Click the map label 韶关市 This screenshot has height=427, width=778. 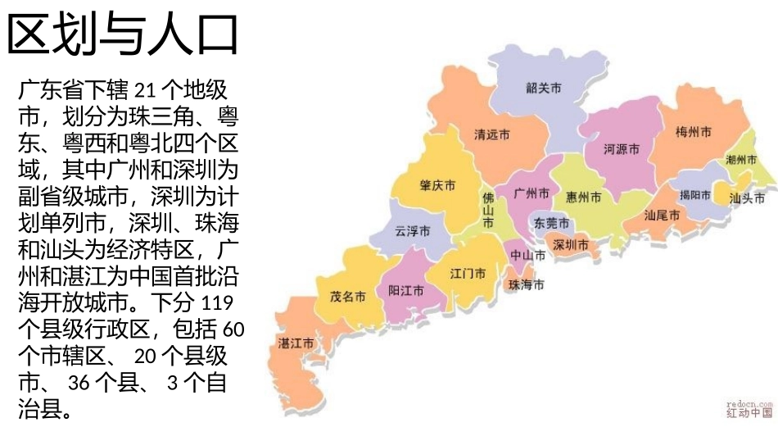pyautogui.click(x=544, y=89)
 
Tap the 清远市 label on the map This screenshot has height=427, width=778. pyautogui.click(x=492, y=134)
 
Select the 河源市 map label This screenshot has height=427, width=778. pyautogui.click(x=621, y=149)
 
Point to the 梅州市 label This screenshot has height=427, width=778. pyautogui.click(x=694, y=132)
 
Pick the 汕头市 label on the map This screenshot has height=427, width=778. pyautogui.click(x=747, y=198)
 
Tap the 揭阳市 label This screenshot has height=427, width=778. pyautogui.click(x=694, y=195)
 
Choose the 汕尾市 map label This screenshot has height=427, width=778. pyautogui.click(x=662, y=216)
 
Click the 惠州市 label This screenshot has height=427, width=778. pyautogui.click(x=584, y=198)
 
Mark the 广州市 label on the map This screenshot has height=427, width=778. pyautogui.click(x=531, y=193)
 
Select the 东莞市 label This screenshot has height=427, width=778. pyautogui.click(x=551, y=223)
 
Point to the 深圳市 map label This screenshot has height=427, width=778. pyautogui.click(x=571, y=244)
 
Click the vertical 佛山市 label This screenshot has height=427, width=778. pyautogui.click(x=488, y=211)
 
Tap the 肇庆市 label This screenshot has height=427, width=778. pyautogui.click(x=438, y=185)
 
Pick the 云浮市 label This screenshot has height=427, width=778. pyautogui.click(x=413, y=232)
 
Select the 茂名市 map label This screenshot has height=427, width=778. pyautogui.click(x=347, y=297)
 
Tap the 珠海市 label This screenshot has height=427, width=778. pyautogui.click(x=527, y=284)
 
